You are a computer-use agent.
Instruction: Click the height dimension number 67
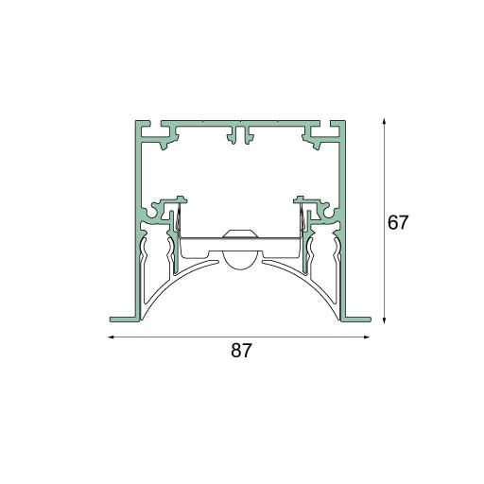click(398, 224)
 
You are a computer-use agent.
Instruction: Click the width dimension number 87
click(241, 351)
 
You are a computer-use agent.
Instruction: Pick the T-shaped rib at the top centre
click(239, 136)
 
